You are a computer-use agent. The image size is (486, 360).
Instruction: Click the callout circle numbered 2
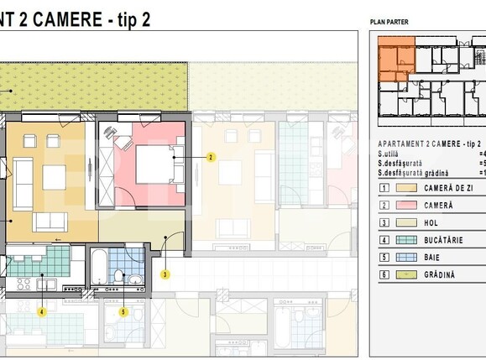(x=211, y=156)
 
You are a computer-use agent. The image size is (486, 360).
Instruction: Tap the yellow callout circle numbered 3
(x=165, y=274)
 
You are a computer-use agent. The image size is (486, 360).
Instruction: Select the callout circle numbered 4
(x=41, y=311)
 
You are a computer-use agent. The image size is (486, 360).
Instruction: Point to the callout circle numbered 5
(x=123, y=311)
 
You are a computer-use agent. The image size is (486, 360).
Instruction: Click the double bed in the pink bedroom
(x=154, y=164)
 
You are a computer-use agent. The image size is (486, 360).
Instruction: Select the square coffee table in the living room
(x=55, y=177)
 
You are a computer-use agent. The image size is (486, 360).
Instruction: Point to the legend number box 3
(x=384, y=222)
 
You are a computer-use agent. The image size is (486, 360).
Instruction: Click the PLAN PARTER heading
(x=389, y=22)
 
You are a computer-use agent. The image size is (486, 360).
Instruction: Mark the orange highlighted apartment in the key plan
(x=395, y=60)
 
